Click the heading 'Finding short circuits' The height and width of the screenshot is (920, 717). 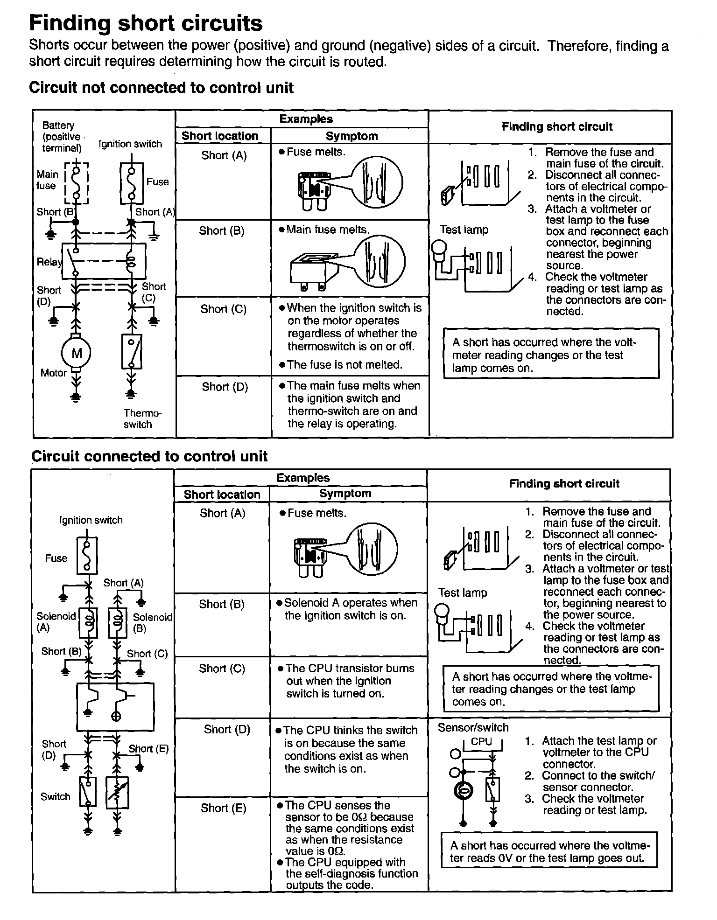click(146, 23)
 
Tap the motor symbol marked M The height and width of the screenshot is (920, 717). click(76, 353)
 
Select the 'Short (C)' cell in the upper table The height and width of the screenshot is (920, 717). click(223, 309)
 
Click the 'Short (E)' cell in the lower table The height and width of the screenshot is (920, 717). click(223, 808)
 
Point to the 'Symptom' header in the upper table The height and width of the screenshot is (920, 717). click(351, 136)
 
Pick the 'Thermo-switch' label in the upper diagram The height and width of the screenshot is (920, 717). click(142, 418)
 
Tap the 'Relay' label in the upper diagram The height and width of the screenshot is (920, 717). click(49, 262)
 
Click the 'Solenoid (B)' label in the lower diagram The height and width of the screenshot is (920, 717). click(152, 622)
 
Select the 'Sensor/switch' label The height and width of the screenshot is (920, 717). click(473, 727)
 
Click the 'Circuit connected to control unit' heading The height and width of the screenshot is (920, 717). click(149, 456)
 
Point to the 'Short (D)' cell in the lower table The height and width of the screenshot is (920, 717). click(227, 729)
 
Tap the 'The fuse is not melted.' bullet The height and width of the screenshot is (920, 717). click(344, 365)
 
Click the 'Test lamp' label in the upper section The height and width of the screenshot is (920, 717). click(464, 230)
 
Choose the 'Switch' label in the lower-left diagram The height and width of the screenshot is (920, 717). click(55, 796)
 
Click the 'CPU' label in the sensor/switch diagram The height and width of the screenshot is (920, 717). click(481, 741)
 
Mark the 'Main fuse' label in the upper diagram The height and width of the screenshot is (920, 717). click(47, 180)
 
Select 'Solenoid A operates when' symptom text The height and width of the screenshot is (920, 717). click(350, 603)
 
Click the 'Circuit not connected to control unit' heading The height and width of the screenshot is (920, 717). click(161, 88)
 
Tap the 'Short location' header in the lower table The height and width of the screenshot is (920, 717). click(222, 495)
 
